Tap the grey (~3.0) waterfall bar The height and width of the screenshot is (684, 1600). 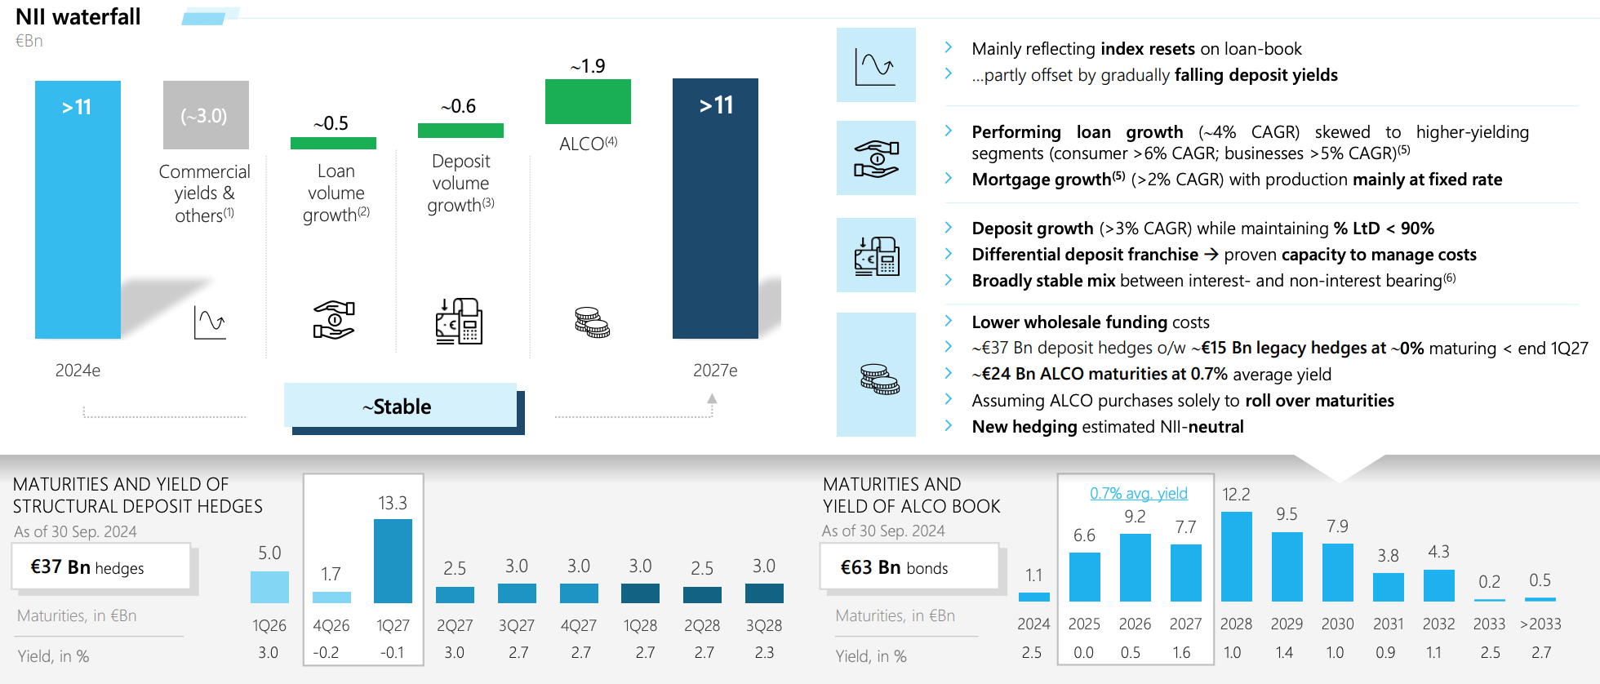[206, 115]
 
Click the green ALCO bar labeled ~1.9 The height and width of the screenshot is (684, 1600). [588, 101]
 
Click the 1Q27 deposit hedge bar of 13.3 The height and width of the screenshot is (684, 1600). [393, 561]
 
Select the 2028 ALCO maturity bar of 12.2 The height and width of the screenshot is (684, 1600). [1236, 557]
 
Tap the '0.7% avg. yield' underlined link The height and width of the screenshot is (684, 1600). [1139, 493]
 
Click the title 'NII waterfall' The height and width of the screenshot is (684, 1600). [78, 17]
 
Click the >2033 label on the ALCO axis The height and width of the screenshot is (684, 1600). [1540, 624]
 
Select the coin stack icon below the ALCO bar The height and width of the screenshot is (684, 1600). [592, 322]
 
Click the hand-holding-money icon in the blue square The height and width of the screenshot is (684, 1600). [876, 158]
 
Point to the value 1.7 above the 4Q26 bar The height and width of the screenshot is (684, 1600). [331, 574]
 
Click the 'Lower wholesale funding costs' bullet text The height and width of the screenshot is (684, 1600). [1091, 322]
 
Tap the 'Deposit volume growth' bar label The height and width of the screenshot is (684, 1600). [460, 183]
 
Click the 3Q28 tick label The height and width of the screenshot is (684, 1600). [764, 625]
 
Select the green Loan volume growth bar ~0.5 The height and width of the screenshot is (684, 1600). [333, 143]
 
